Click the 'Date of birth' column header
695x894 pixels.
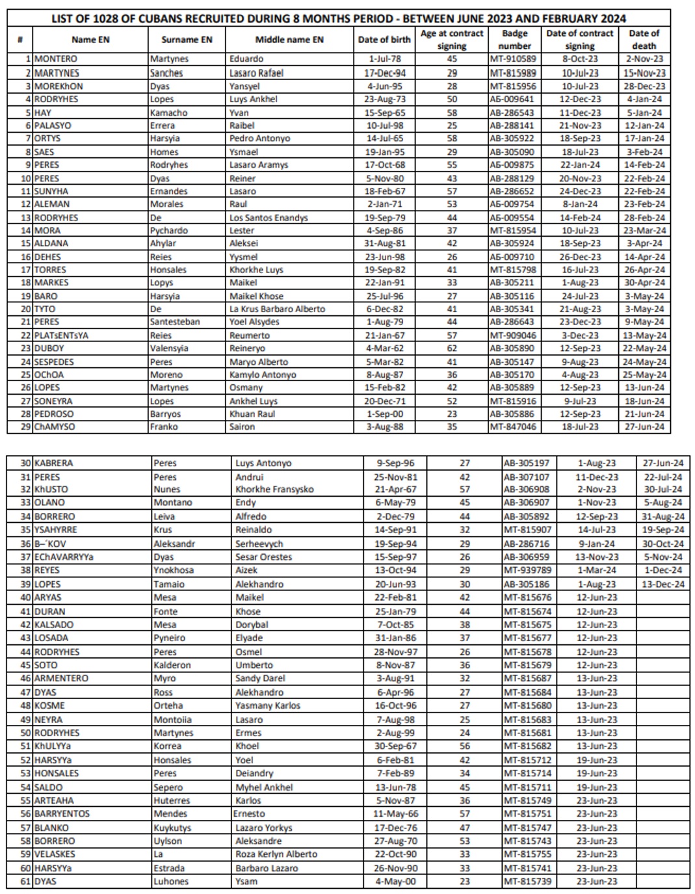384,40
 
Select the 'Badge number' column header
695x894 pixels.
514,40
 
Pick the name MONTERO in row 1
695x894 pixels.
55,59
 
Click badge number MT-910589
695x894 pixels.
513,59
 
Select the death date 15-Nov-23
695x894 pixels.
644,73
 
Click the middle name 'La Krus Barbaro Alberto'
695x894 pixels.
277,309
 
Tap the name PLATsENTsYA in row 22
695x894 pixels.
61,335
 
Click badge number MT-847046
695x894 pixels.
513,427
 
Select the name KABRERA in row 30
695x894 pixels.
53,464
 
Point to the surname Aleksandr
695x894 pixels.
174,544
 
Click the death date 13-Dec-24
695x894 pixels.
662,585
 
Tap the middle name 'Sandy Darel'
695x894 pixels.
260,678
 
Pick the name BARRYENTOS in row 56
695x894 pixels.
62,814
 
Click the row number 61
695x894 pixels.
25,882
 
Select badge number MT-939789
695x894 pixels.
527,570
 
